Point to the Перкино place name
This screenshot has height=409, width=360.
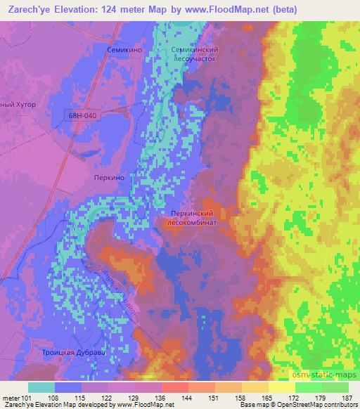[109, 178]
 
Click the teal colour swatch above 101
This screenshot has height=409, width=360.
[41, 387]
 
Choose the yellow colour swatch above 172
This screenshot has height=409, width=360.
[282, 387]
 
